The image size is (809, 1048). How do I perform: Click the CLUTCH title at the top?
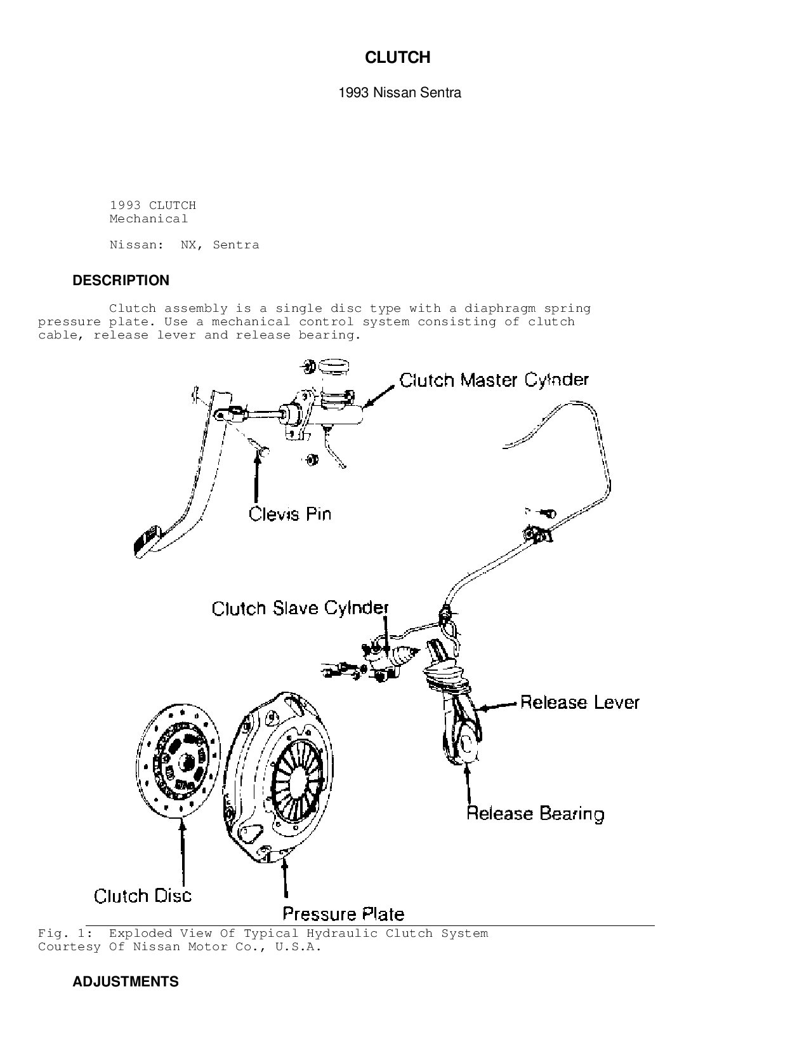(x=398, y=58)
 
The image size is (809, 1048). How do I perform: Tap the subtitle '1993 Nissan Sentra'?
(x=400, y=93)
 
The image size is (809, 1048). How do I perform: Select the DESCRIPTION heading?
(x=121, y=281)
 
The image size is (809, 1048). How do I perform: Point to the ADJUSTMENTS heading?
(x=126, y=982)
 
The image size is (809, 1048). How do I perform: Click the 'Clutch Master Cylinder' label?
(x=494, y=380)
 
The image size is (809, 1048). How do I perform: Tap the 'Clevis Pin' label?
(x=290, y=514)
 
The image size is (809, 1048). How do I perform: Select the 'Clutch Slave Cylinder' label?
(x=299, y=608)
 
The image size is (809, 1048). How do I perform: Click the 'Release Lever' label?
(x=579, y=702)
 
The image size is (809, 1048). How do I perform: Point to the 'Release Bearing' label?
(x=535, y=814)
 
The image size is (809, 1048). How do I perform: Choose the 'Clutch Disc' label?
(x=143, y=896)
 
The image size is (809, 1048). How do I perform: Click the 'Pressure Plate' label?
(x=343, y=914)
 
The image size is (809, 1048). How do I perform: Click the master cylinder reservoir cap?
(x=334, y=366)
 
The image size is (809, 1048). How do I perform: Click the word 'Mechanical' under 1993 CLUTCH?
(x=148, y=219)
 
